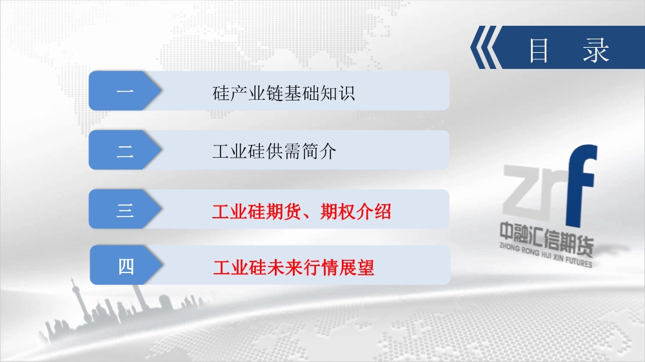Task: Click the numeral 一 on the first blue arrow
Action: (x=125, y=90)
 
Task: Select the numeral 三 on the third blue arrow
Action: (x=125, y=210)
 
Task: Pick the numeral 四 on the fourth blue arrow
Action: (x=126, y=267)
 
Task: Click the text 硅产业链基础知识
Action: (x=283, y=93)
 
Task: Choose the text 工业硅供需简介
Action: (x=274, y=151)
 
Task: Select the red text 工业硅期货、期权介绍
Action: (x=301, y=212)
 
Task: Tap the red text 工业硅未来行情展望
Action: (x=293, y=267)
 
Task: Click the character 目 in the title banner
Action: (x=539, y=50)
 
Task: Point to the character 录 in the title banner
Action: (x=596, y=50)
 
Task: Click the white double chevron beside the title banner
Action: (x=486, y=47)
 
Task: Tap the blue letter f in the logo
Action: (x=581, y=186)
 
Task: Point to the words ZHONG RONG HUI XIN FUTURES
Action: (x=546, y=255)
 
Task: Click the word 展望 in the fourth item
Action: (x=357, y=267)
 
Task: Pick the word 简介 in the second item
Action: (x=319, y=151)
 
